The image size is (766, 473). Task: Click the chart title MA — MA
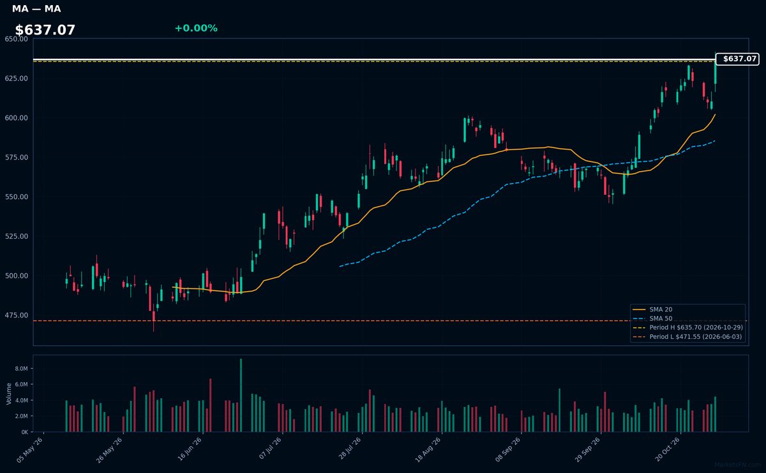click(36, 8)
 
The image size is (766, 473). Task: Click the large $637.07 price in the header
click(45, 30)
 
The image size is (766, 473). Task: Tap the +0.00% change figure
click(196, 28)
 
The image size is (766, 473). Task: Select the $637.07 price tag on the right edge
click(737, 59)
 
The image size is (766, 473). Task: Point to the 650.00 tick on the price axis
click(17, 39)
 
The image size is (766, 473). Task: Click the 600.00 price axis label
click(17, 118)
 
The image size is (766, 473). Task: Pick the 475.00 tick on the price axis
click(17, 315)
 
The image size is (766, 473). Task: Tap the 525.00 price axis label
click(17, 236)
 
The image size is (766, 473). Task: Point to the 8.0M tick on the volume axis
click(21, 369)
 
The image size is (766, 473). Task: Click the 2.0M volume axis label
click(21, 416)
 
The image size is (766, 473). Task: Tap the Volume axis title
click(9, 394)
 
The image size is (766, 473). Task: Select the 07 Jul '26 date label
click(270, 448)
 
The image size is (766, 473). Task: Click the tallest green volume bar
click(241, 395)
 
